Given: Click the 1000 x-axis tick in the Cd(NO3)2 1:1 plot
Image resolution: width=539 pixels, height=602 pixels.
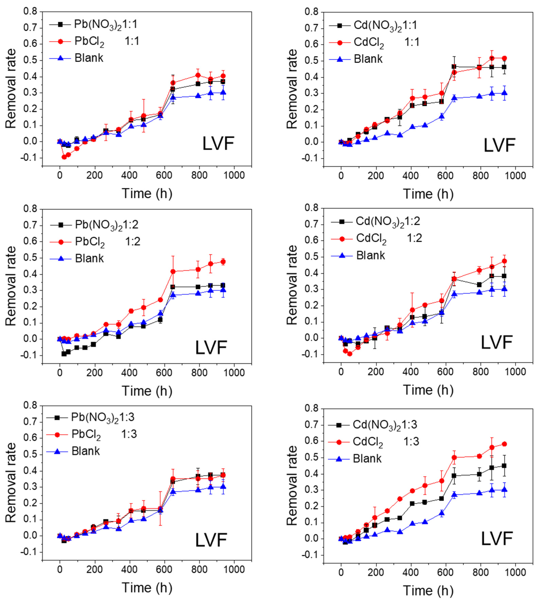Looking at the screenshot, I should point(515,175).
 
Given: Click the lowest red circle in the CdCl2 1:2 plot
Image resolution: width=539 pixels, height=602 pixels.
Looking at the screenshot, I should point(349,354).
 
